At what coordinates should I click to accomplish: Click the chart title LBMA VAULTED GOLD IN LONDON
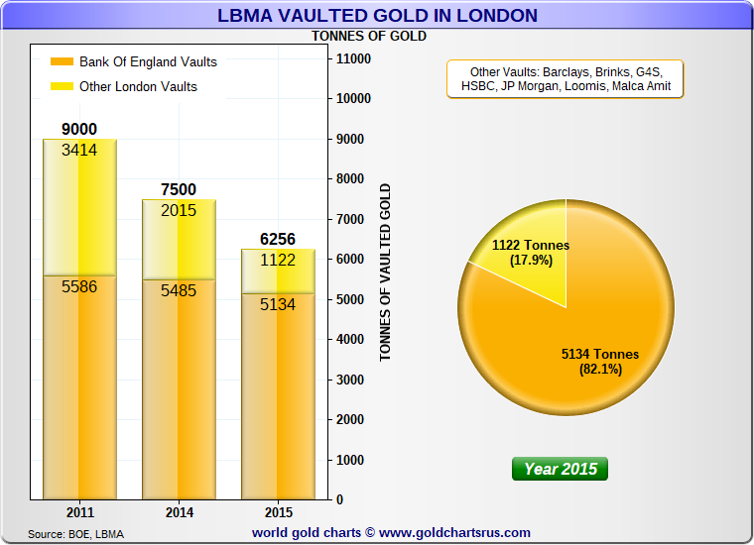pos(377,16)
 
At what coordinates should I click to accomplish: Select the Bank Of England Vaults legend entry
pos(148,61)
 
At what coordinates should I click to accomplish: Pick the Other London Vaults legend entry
pos(138,86)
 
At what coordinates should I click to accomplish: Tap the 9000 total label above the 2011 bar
pos(79,130)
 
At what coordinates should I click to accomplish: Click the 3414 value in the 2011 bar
pos(79,151)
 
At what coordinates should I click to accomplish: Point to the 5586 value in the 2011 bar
pos(79,288)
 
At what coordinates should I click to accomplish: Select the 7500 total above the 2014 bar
pos(179,189)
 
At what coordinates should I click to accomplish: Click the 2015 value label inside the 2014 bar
pos(179,210)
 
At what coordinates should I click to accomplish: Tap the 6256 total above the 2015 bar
pos(278,239)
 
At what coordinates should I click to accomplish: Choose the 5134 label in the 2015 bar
pos(278,305)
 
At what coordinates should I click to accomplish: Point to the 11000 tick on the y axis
pos(354,59)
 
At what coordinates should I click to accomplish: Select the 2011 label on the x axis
pos(79,513)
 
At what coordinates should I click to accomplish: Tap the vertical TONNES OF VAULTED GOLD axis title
pos(386,272)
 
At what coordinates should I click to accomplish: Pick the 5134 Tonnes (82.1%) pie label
pos(600,362)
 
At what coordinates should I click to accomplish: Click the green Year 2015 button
pos(561,469)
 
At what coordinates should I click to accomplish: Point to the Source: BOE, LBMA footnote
pos(75,534)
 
